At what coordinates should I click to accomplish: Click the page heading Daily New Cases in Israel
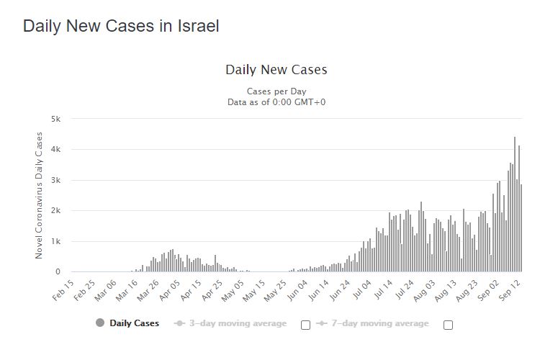[121, 26]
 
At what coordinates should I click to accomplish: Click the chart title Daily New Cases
[276, 70]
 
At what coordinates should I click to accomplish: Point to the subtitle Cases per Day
[276, 91]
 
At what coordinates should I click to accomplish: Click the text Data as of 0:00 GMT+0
[276, 102]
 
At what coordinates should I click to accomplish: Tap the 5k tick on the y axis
[55, 119]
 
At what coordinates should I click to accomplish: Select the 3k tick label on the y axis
[55, 180]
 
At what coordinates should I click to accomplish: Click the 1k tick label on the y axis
[55, 241]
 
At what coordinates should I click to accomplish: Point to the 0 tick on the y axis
[58, 272]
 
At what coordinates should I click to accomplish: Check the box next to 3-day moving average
[305, 325]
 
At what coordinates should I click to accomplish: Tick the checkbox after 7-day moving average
[448, 325]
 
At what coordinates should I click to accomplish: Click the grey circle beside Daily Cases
[99, 323]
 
